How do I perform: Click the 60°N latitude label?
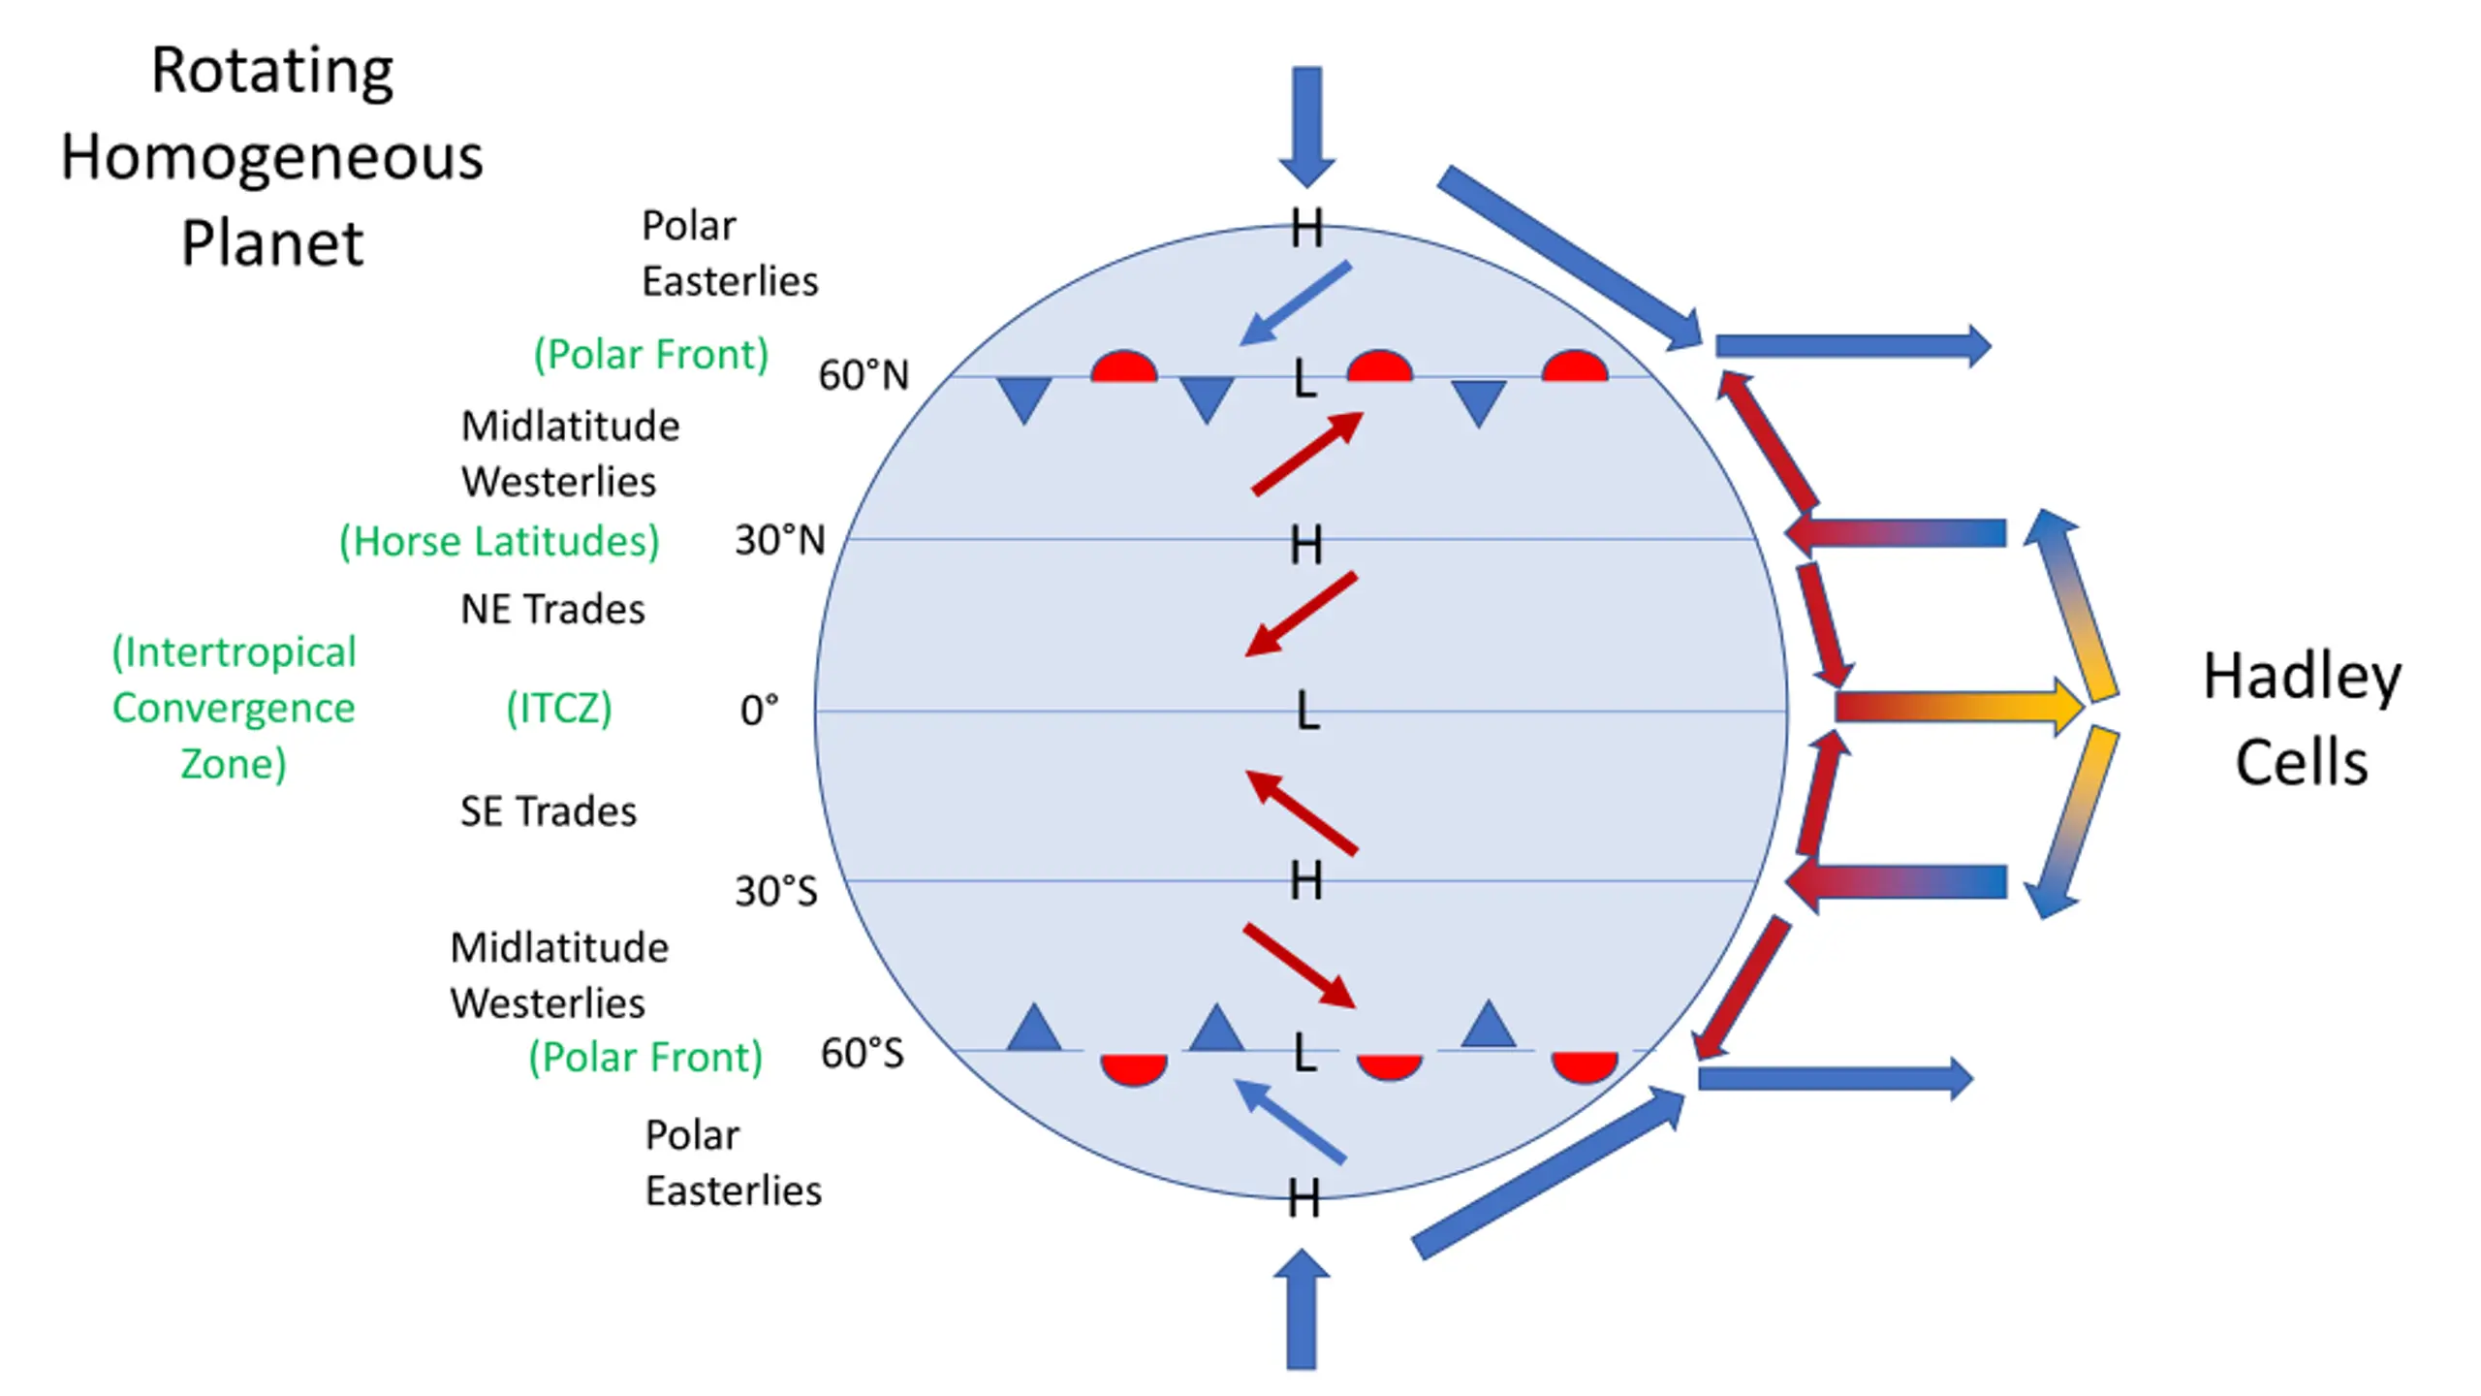coord(864,375)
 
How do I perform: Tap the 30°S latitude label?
coord(776,891)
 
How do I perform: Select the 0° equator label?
coord(759,711)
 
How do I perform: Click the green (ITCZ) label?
coord(559,708)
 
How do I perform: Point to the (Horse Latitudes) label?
coord(499,541)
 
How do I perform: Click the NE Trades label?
coord(552,609)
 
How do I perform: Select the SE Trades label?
coord(549,811)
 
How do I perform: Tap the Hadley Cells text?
coord(2303,718)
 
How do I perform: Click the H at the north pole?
coord(1306,230)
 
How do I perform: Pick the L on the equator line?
coord(1307,711)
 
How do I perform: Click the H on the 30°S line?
coord(1306,881)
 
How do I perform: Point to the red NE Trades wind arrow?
coord(1301,615)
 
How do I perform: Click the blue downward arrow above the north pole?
coord(1306,127)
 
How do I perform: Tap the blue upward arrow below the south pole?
coord(1301,1309)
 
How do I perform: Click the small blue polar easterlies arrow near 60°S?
coord(1290,1121)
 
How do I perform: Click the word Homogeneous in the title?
coord(271,157)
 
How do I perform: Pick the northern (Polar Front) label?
coord(651,354)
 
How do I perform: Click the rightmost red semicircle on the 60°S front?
coord(1585,1065)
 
